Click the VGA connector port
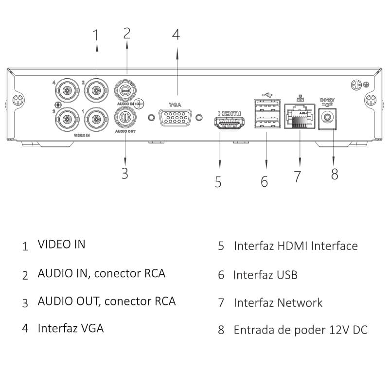click(175, 118)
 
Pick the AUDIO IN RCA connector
click(125, 90)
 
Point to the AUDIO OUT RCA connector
click(125, 117)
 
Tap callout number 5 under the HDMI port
click(218, 182)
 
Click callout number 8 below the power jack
click(335, 174)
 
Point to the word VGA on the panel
click(175, 104)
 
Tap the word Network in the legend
click(300, 302)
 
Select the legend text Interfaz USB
click(265, 275)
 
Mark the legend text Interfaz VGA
click(71, 328)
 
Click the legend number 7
click(221, 303)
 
